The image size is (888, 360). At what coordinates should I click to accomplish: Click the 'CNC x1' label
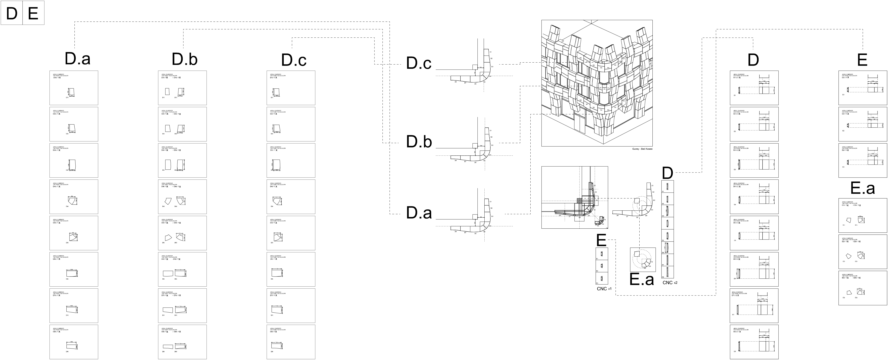pyautogui.click(x=604, y=289)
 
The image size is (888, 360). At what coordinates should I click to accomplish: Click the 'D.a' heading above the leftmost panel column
pyautogui.click(x=77, y=59)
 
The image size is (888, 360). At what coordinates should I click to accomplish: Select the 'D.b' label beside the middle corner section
pyautogui.click(x=419, y=142)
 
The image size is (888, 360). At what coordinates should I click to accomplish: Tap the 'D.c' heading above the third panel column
pyautogui.click(x=294, y=60)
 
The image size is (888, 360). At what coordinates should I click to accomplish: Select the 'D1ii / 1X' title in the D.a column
pyautogui.click(x=57, y=78)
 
